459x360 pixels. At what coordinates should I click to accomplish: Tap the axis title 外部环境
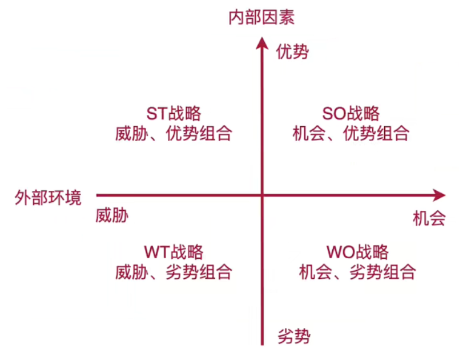click(48, 198)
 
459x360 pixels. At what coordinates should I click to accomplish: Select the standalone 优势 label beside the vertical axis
click(293, 53)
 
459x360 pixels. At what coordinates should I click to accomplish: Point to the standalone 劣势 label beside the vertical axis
click(294, 336)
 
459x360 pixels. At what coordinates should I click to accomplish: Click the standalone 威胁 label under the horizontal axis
click(112, 215)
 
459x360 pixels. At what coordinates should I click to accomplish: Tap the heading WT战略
click(173, 251)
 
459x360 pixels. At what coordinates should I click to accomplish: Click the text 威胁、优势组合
click(174, 134)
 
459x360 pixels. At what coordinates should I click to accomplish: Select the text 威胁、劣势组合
click(174, 273)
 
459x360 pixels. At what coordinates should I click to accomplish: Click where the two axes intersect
click(262, 195)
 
